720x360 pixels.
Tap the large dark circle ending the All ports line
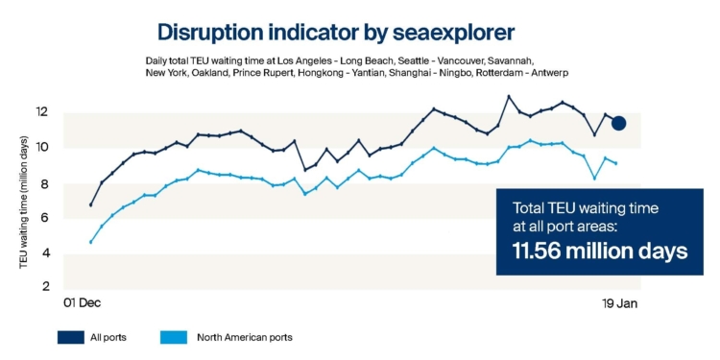pos(619,123)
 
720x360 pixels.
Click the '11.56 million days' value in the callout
pos(591,252)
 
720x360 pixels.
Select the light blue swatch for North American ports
pos(175,337)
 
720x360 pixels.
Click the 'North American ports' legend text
pos(244,337)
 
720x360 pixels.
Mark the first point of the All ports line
pos(91,204)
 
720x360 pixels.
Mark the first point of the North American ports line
pos(91,242)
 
